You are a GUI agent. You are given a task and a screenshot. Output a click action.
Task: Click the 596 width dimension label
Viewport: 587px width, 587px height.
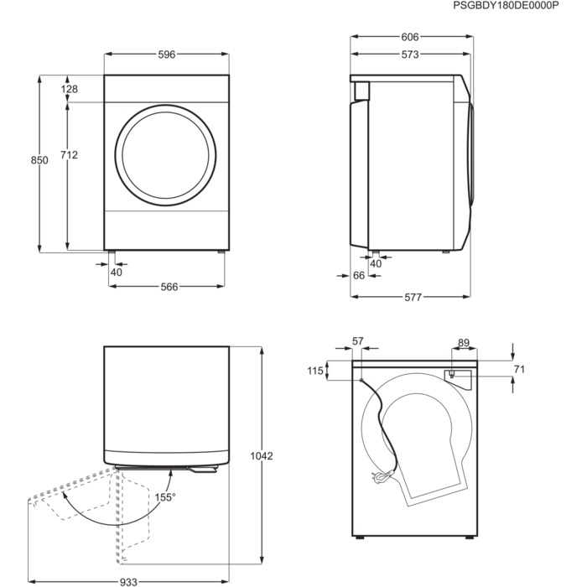pos(167,55)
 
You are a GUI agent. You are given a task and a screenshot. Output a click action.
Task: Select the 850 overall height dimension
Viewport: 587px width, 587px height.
pos(39,160)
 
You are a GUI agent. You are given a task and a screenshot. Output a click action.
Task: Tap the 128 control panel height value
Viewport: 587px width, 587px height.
pos(70,89)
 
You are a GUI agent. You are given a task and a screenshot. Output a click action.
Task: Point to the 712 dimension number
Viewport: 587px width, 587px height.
pos(70,154)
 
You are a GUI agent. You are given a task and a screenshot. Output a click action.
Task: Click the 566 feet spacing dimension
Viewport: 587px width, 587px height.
pos(169,287)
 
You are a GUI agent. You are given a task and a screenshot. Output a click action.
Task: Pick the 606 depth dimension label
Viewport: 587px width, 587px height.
pos(410,37)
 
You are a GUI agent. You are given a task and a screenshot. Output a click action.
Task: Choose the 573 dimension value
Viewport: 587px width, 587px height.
pos(410,55)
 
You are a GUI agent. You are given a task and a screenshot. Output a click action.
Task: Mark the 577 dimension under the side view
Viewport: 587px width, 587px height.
pos(413,297)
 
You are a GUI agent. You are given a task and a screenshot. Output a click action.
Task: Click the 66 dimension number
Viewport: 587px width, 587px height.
pos(359,276)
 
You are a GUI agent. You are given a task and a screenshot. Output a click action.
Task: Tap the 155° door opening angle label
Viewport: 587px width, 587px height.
pos(165,497)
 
